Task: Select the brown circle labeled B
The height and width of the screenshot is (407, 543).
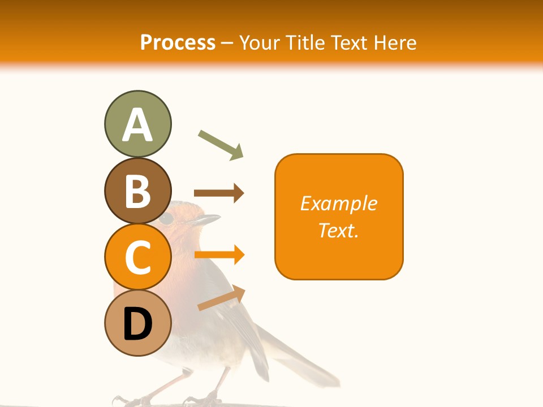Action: pos(137,191)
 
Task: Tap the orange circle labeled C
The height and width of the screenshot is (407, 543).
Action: pos(137,257)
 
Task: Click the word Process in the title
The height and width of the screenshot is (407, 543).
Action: pos(178,42)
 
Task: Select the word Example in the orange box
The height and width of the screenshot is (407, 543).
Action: pos(338,203)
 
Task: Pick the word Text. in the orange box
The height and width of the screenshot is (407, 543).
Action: pos(338,230)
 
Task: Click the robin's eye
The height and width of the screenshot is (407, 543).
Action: pos(166,219)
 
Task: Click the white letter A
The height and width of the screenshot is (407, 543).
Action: pos(137,125)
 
